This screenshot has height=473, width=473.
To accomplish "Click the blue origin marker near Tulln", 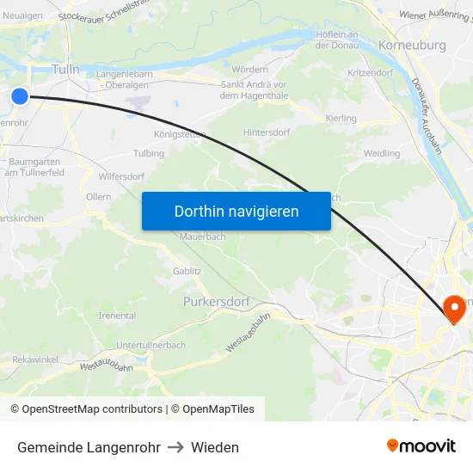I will [x=19, y=96].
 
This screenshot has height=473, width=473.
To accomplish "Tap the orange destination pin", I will [x=452, y=308].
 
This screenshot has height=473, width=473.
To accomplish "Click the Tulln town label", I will [x=66, y=69].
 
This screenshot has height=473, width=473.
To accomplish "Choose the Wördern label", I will [x=250, y=69].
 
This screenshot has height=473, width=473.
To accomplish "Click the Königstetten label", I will [x=181, y=135].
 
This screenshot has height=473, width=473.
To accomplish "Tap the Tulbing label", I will [x=149, y=154].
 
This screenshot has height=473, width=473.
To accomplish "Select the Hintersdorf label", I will [x=268, y=132].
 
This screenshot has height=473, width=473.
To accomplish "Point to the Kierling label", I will [x=341, y=118].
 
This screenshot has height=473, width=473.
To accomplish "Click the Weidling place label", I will [x=382, y=153].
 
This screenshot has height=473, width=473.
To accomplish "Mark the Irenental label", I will [x=118, y=316].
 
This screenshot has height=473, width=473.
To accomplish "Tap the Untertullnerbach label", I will [x=150, y=345].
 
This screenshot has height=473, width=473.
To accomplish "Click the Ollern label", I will [x=99, y=197].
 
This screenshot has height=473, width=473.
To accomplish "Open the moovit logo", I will [x=421, y=445].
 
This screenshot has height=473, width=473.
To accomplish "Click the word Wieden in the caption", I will [x=215, y=447].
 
